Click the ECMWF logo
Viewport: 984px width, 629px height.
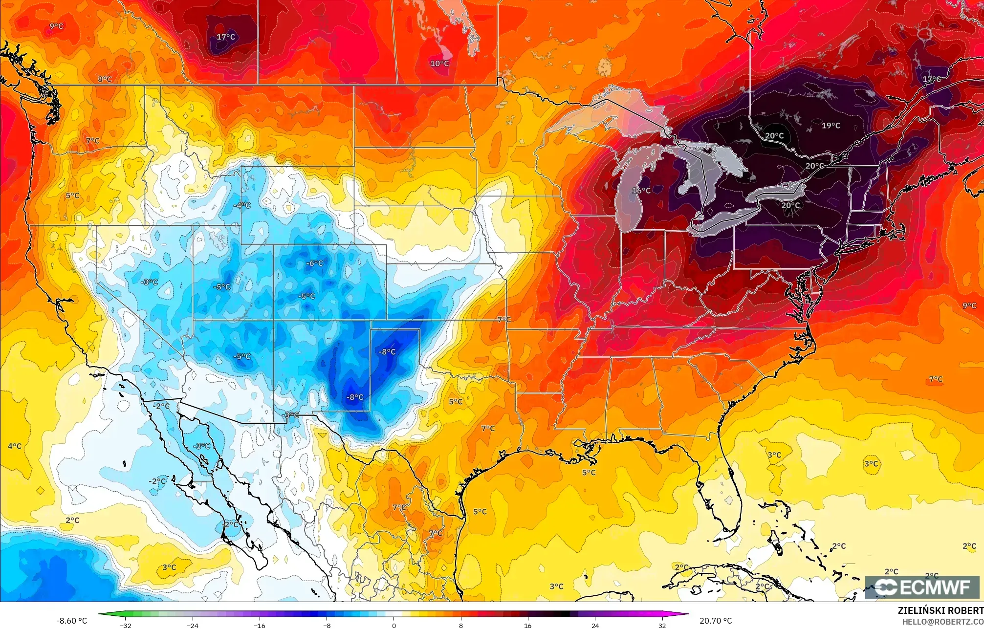tap(922, 587)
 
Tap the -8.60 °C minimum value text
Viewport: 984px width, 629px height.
tap(72, 621)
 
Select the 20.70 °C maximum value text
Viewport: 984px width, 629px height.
tap(716, 621)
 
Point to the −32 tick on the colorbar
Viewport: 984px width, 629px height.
tap(126, 625)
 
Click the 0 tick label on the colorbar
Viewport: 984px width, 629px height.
tap(394, 625)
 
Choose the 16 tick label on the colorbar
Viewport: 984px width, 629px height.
tap(527, 625)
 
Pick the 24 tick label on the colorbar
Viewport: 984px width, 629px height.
tap(595, 625)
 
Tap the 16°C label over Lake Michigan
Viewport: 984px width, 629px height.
tap(641, 191)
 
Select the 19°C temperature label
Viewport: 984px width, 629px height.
tap(831, 126)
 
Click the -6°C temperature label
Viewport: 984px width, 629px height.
tap(314, 263)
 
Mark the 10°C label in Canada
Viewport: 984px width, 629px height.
tap(439, 64)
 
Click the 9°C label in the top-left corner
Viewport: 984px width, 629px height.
tap(56, 26)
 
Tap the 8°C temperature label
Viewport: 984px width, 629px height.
tap(104, 79)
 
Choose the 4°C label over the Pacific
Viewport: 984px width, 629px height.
tap(15, 446)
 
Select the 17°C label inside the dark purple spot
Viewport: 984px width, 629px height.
tap(226, 37)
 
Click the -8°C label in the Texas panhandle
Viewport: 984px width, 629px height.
tap(387, 351)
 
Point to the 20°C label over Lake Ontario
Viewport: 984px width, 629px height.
tap(790, 205)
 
